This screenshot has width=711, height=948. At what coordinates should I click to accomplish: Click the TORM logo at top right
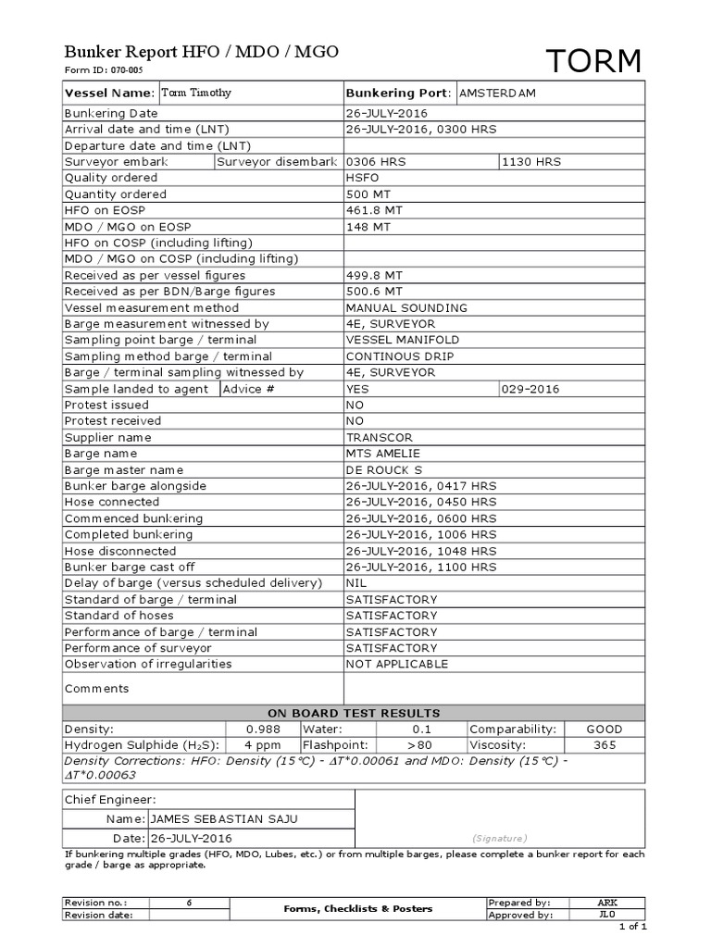point(592,62)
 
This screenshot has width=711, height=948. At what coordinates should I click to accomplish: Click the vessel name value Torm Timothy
point(197,94)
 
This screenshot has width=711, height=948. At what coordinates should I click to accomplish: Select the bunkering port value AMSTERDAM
point(497,94)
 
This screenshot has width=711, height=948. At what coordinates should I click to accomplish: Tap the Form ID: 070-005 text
point(103,70)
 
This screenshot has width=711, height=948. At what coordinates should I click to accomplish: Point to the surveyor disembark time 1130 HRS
point(530,161)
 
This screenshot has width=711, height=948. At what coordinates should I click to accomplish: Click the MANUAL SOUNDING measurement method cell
point(406,307)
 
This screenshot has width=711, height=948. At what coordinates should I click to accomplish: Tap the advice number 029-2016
point(530,389)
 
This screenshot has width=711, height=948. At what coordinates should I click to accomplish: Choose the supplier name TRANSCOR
point(379,437)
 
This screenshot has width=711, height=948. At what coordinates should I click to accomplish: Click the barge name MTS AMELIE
point(382,454)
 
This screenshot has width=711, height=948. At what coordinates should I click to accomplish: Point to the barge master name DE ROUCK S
point(383,469)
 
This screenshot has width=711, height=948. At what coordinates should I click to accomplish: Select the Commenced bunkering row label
point(133,518)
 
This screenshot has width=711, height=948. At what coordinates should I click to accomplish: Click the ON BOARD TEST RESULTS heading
point(354,713)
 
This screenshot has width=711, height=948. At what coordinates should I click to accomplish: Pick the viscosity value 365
point(605,744)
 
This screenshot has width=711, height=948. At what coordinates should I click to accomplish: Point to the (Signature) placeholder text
point(499,836)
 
